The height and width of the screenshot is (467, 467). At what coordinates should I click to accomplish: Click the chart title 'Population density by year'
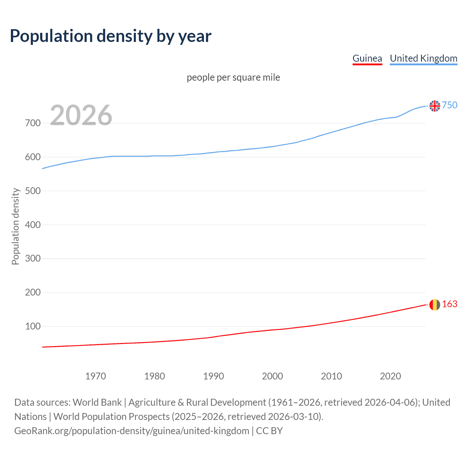[111, 36]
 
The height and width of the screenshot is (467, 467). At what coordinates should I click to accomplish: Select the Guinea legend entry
[367, 58]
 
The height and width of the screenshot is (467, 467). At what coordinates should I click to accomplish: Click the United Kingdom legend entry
[423, 58]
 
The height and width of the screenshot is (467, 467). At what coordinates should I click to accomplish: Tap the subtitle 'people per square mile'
[233, 77]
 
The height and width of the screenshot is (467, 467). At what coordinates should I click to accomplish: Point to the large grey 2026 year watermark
[81, 115]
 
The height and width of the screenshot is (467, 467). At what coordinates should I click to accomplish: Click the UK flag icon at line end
[435, 106]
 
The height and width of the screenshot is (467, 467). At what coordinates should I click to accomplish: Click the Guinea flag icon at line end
[435, 305]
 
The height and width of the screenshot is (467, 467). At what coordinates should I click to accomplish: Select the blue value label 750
[449, 105]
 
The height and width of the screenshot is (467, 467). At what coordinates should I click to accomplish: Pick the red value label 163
[449, 304]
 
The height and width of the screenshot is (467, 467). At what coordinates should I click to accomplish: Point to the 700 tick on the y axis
[33, 123]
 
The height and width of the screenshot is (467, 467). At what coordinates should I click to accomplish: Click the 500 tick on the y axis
[33, 191]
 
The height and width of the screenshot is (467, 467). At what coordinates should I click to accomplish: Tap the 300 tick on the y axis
[33, 259]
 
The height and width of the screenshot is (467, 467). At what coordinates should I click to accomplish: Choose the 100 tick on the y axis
[33, 326]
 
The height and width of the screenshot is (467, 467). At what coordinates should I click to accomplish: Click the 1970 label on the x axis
[96, 376]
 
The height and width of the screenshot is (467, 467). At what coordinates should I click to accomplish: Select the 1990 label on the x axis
[213, 376]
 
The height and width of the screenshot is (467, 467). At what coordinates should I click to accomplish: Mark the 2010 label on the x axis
[331, 376]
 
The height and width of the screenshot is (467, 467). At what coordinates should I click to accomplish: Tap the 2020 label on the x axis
[390, 376]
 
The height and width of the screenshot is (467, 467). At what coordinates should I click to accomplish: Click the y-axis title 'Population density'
[15, 226]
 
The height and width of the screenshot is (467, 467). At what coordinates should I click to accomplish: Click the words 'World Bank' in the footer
[97, 402]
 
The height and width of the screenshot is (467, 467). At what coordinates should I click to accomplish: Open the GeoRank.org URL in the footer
[132, 431]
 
